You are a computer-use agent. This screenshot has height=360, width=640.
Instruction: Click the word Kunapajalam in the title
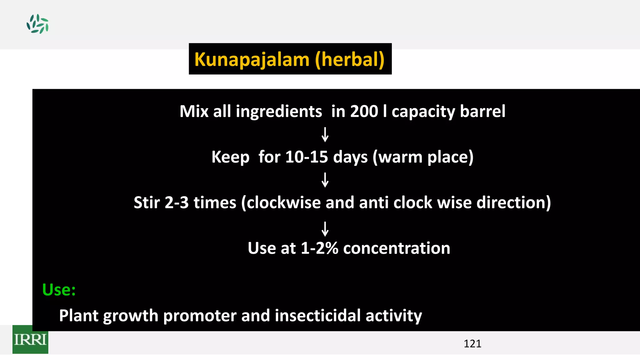click(x=252, y=59)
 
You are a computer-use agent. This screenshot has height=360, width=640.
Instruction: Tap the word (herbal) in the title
click(x=350, y=59)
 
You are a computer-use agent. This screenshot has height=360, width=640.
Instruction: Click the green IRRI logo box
click(x=30, y=339)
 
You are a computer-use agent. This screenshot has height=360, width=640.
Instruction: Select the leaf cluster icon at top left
click(x=37, y=24)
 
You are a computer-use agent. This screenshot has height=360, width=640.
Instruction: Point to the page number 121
click(x=472, y=344)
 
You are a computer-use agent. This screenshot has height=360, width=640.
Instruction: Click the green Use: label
click(x=59, y=290)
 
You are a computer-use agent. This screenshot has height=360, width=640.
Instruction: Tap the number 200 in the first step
click(x=364, y=112)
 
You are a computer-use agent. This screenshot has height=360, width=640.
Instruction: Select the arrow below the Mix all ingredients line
click(x=325, y=134)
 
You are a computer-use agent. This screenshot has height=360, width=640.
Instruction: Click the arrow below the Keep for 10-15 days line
click(x=325, y=180)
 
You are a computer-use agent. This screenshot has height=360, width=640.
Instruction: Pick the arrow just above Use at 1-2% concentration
click(x=325, y=229)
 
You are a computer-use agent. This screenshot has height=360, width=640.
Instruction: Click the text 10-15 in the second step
click(x=307, y=157)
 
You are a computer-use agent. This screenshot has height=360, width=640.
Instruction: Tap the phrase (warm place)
click(x=423, y=157)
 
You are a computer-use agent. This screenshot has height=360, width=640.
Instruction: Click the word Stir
click(x=147, y=202)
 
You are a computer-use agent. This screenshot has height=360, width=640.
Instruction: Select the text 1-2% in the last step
click(x=319, y=248)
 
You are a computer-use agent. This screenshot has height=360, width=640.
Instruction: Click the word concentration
click(x=397, y=248)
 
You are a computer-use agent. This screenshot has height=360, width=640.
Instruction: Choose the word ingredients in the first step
click(x=279, y=112)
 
